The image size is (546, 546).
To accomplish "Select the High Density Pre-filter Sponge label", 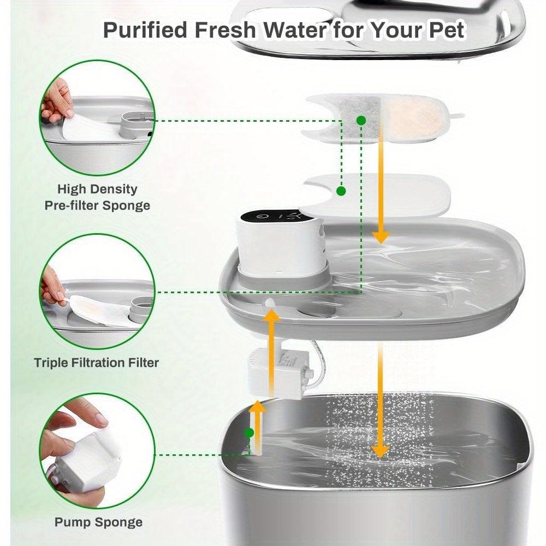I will point(97,197).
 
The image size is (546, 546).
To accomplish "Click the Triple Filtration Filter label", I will point(97,363).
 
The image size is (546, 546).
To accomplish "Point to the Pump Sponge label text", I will point(98,522).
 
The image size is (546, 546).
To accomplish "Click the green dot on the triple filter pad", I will point(360,119).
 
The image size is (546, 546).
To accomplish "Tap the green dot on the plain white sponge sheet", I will point(341,191).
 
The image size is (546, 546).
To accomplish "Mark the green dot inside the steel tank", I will point(250,433).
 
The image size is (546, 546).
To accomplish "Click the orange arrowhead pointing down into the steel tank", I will point(380,450).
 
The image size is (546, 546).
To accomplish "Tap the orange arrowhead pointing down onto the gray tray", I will point(381,236).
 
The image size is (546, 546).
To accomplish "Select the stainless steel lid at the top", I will point(377,27).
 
